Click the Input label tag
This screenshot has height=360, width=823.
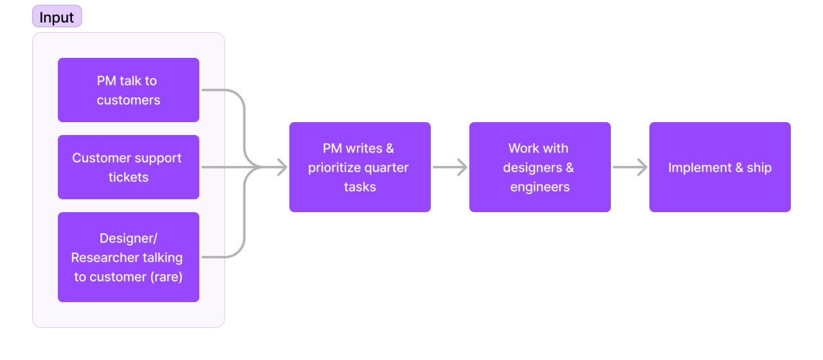(57, 17)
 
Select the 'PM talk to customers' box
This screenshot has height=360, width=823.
(129, 90)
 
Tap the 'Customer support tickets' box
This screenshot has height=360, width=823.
(129, 167)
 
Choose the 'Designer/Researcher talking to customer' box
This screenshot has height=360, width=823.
(129, 257)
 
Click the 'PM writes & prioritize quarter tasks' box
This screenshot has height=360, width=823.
(359, 167)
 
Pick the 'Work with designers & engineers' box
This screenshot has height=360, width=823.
(539, 167)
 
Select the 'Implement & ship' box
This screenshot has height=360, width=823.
(719, 167)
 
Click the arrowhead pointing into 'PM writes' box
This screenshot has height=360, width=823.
(280, 167)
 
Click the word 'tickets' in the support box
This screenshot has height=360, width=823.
(129, 177)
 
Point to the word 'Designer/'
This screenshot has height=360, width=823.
(129, 239)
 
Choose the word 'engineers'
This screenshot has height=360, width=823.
(540, 187)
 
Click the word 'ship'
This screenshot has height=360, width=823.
(759, 168)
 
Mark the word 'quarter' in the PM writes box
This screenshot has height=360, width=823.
(387, 168)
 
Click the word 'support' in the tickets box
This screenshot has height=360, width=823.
(159, 158)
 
